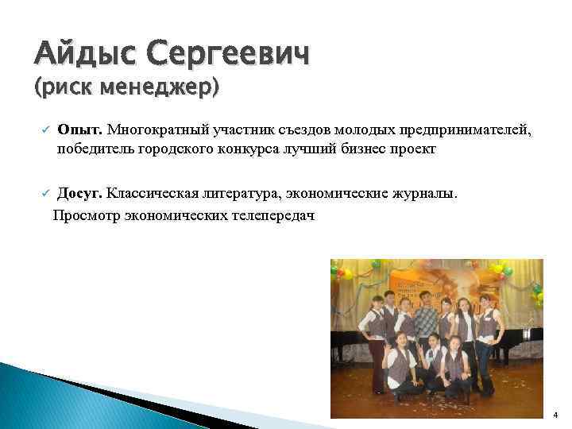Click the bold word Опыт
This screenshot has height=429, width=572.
pyautogui.click(x=80, y=129)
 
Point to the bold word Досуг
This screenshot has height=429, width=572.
pyautogui.click(x=80, y=193)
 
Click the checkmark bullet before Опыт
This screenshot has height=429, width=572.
pyautogui.click(x=46, y=129)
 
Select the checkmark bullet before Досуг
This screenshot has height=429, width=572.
pyautogui.click(x=46, y=193)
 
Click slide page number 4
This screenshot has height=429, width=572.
pyautogui.click(x=555, y=414)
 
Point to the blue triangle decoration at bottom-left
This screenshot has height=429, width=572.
pyautogui.click(x=48, y=397)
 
